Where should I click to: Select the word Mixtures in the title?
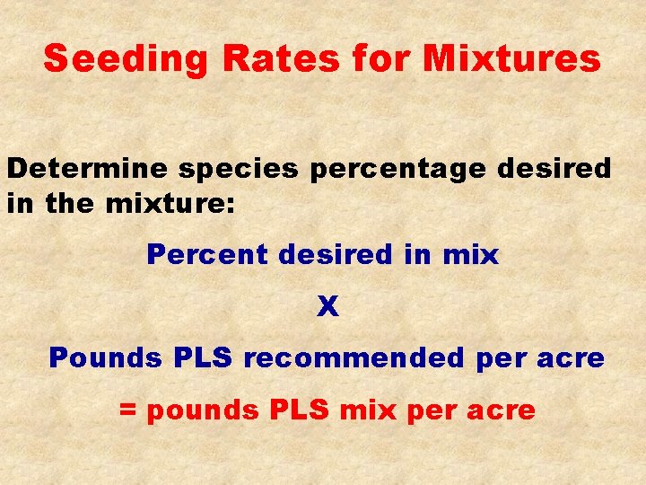(x=511, y=59)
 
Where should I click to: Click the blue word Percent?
(x=207, y=255)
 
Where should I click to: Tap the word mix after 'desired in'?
(x=470, y=255)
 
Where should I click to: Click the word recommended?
(x=354, y=358)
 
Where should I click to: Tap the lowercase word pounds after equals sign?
(x=203, y=412)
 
